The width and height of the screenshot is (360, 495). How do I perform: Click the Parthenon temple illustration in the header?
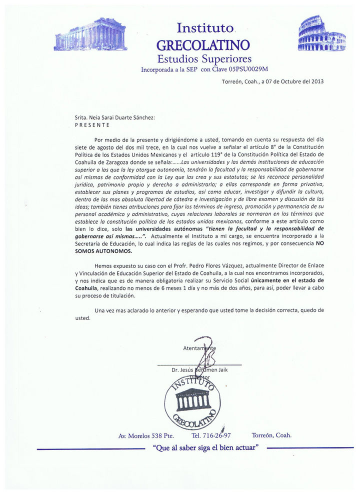pos(90,34)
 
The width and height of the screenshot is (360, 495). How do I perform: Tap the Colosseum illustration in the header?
pos(321,33)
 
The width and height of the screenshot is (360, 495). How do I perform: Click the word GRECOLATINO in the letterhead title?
pos(203,45)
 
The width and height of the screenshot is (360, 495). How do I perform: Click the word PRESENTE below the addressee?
pos(92,125)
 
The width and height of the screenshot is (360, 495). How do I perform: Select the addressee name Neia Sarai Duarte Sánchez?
pos(123,117)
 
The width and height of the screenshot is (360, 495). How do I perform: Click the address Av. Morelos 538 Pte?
pos(145,435)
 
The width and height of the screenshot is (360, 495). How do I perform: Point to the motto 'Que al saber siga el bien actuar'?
pos(207,448)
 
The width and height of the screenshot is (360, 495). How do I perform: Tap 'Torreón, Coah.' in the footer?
pos(272,435)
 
